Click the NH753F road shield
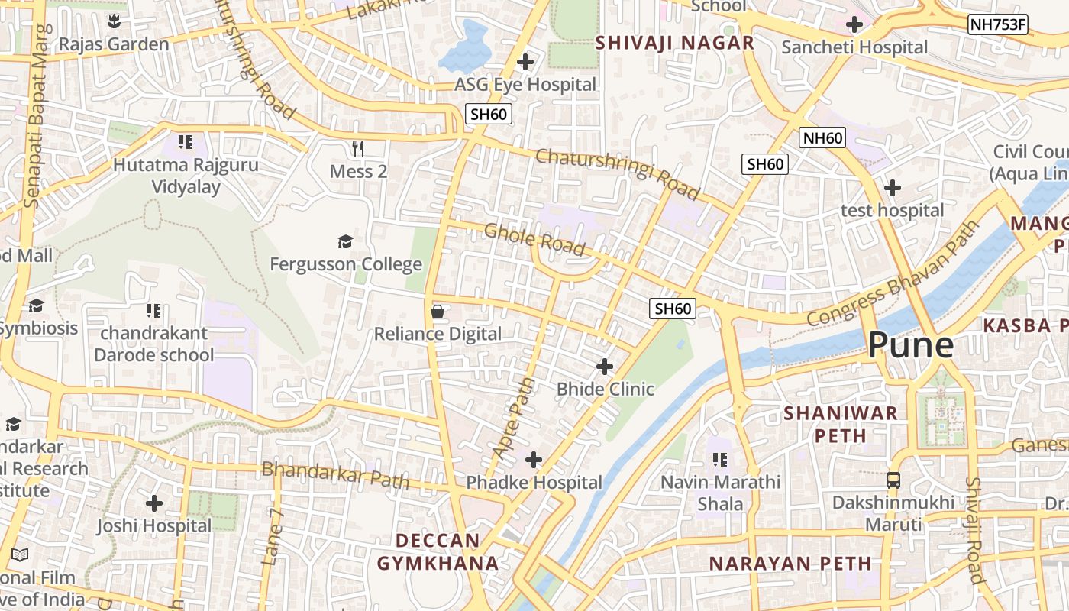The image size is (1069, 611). [997, 24]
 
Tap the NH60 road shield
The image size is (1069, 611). [823, 138]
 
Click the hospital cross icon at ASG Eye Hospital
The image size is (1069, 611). [525, 62]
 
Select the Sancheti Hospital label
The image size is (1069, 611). [854, 47]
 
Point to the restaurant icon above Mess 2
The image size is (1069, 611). [358, 148]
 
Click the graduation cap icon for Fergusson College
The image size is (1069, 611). [346, 242]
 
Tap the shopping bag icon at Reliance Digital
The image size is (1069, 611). [438, 312]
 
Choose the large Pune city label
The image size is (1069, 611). [911, 345]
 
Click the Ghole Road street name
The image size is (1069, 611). [534, 240]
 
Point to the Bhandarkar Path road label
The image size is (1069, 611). [335, 474]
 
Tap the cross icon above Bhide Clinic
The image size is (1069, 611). [605, 367]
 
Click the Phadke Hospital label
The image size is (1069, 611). [534, 483]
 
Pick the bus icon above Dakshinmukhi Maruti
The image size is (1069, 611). [893, 480]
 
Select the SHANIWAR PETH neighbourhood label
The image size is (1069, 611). [841, 425]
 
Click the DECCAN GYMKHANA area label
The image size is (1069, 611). [438, 552]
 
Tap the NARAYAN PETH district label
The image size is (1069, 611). [790, 564]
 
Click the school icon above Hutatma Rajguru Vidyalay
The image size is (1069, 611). [185, 142]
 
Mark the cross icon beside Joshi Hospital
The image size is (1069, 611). [154, 503]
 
